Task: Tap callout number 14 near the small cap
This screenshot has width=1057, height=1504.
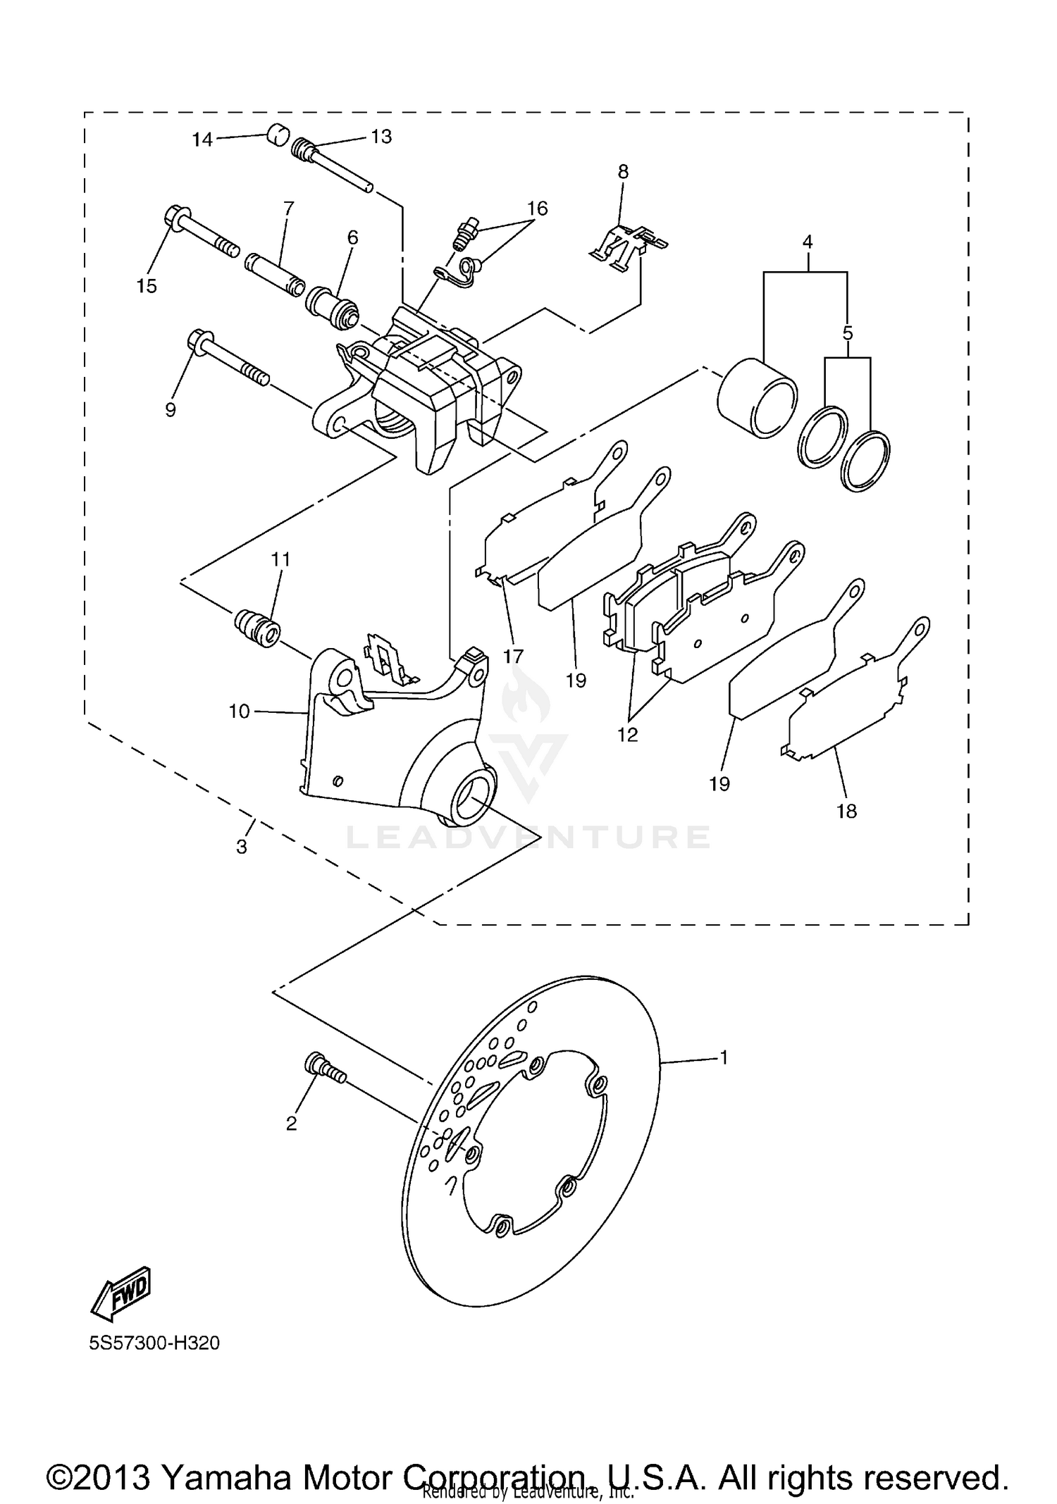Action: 202,139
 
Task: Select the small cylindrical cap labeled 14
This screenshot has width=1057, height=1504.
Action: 278,134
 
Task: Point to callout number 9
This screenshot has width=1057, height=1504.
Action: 171,409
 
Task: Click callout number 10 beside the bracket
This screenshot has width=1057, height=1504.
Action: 239,711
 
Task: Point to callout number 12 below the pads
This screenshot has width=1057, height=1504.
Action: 627,735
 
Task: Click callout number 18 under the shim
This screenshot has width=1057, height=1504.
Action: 846,811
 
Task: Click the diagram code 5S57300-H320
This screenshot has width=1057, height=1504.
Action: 154,1343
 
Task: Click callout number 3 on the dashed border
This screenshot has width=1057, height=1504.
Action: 242,846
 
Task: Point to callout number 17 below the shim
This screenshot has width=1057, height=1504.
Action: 513,656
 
